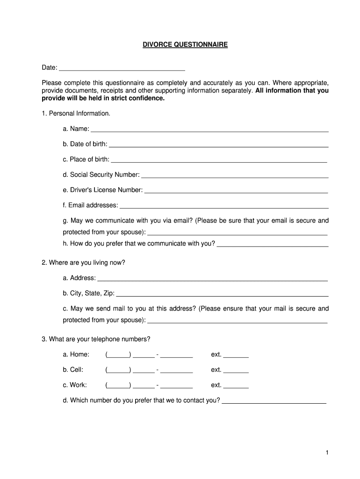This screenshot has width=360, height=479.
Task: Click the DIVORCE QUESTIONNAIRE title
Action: [x=185, y=45]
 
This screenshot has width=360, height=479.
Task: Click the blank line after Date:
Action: [x=122, y=69]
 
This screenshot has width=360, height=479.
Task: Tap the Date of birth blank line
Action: [x=218, y=146]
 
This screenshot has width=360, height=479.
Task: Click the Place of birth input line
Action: [x=219, y=162]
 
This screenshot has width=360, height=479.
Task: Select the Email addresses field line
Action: [x=224, y=207]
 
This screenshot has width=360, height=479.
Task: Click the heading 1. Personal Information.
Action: [x=76, y=114]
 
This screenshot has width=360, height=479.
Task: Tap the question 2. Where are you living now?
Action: [x=84, y=263]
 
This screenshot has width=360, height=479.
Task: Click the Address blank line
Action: [x=212, y=280]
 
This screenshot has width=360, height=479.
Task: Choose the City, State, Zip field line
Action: [x=222, y=296]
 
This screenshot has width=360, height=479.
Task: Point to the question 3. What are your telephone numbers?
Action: [x=96, y=339]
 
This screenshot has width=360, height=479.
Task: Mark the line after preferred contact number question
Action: [x=274, y=403]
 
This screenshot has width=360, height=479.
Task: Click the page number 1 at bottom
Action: [x=328, y=453]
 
